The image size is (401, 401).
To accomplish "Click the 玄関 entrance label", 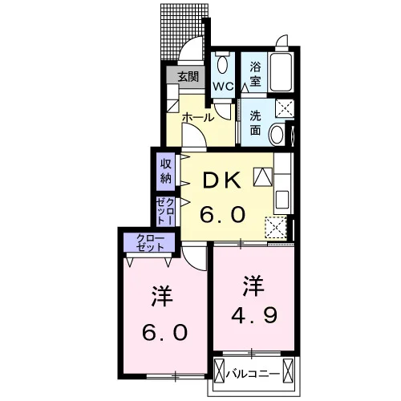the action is tap(188, 77).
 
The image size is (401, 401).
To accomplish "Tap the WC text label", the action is tap(223, 87).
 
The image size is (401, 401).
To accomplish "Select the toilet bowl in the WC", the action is tap(222, 64).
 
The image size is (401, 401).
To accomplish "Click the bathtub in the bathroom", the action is tap(281, 72).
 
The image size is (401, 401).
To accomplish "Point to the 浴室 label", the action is tap(255, 74).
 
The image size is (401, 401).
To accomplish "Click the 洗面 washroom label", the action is tap(255, 123).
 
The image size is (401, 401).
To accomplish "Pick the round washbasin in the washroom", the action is tap(277, 135).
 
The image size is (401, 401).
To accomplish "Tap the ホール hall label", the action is tap(198, 117).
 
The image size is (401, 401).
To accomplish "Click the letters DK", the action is tap(221, 180).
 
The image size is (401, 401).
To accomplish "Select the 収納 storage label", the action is tap(166, 171).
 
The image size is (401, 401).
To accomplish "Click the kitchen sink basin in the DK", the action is tap(282, 200).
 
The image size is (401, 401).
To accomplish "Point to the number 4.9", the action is tap(254, 315).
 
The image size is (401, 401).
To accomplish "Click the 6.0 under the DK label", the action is tap(223, 214).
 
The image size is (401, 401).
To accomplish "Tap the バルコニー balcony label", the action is tap(253, 374).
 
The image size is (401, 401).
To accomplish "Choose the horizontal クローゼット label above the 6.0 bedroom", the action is tap(150, 242).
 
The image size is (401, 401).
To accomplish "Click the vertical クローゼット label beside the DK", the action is tap(165, 211).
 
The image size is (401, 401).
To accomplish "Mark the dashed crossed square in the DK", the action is tap(276, 228).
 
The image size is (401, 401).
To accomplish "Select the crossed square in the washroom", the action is tap(285, 108).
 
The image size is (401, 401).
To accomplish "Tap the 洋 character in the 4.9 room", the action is tap(253, 286).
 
